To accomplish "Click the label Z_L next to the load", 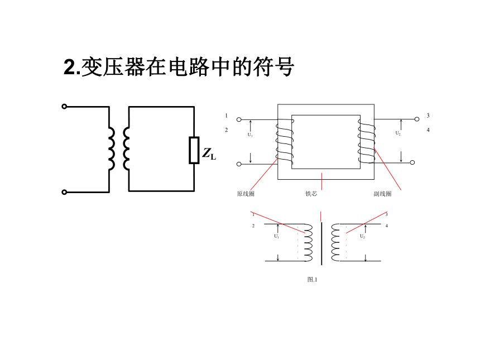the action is click(209, 153).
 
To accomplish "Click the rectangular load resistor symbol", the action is click(194, 150).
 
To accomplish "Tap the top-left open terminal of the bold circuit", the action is click(64, 107).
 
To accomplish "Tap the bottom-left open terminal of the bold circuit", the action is click(64, 192).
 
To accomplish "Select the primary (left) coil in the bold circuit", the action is click(112, 149).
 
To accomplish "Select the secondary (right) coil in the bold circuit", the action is click(126, 149).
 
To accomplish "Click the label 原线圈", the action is click(246, 194).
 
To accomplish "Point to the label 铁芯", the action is click(311, 194).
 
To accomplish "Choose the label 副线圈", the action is click(382, 194).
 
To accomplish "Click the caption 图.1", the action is click(312, 280).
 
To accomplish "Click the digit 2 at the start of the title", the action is click(70, 67).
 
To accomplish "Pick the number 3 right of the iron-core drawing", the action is click(428, 116).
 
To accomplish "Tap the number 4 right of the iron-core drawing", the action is click(428, 130).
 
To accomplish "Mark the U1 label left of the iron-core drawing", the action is click(250, 135).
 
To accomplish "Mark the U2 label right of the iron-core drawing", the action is click(397, 133).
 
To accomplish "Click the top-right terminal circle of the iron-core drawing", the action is click(416, 119).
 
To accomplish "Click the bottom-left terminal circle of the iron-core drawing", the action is click(239, 165).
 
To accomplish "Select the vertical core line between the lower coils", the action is click(321, 244).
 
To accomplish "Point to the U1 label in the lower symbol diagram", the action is click(276, 236).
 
